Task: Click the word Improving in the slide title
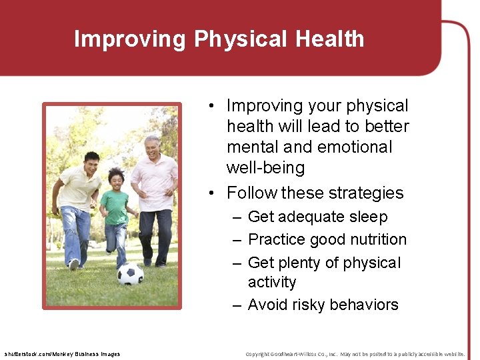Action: coord(131,39)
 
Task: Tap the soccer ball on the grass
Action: coord(130,273)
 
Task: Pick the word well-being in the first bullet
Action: coord(265,167)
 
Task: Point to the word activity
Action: coord(272,282)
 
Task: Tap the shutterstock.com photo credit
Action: coord(62,354)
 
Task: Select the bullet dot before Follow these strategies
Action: coord(211,193)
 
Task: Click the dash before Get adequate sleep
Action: coord(237,217)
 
